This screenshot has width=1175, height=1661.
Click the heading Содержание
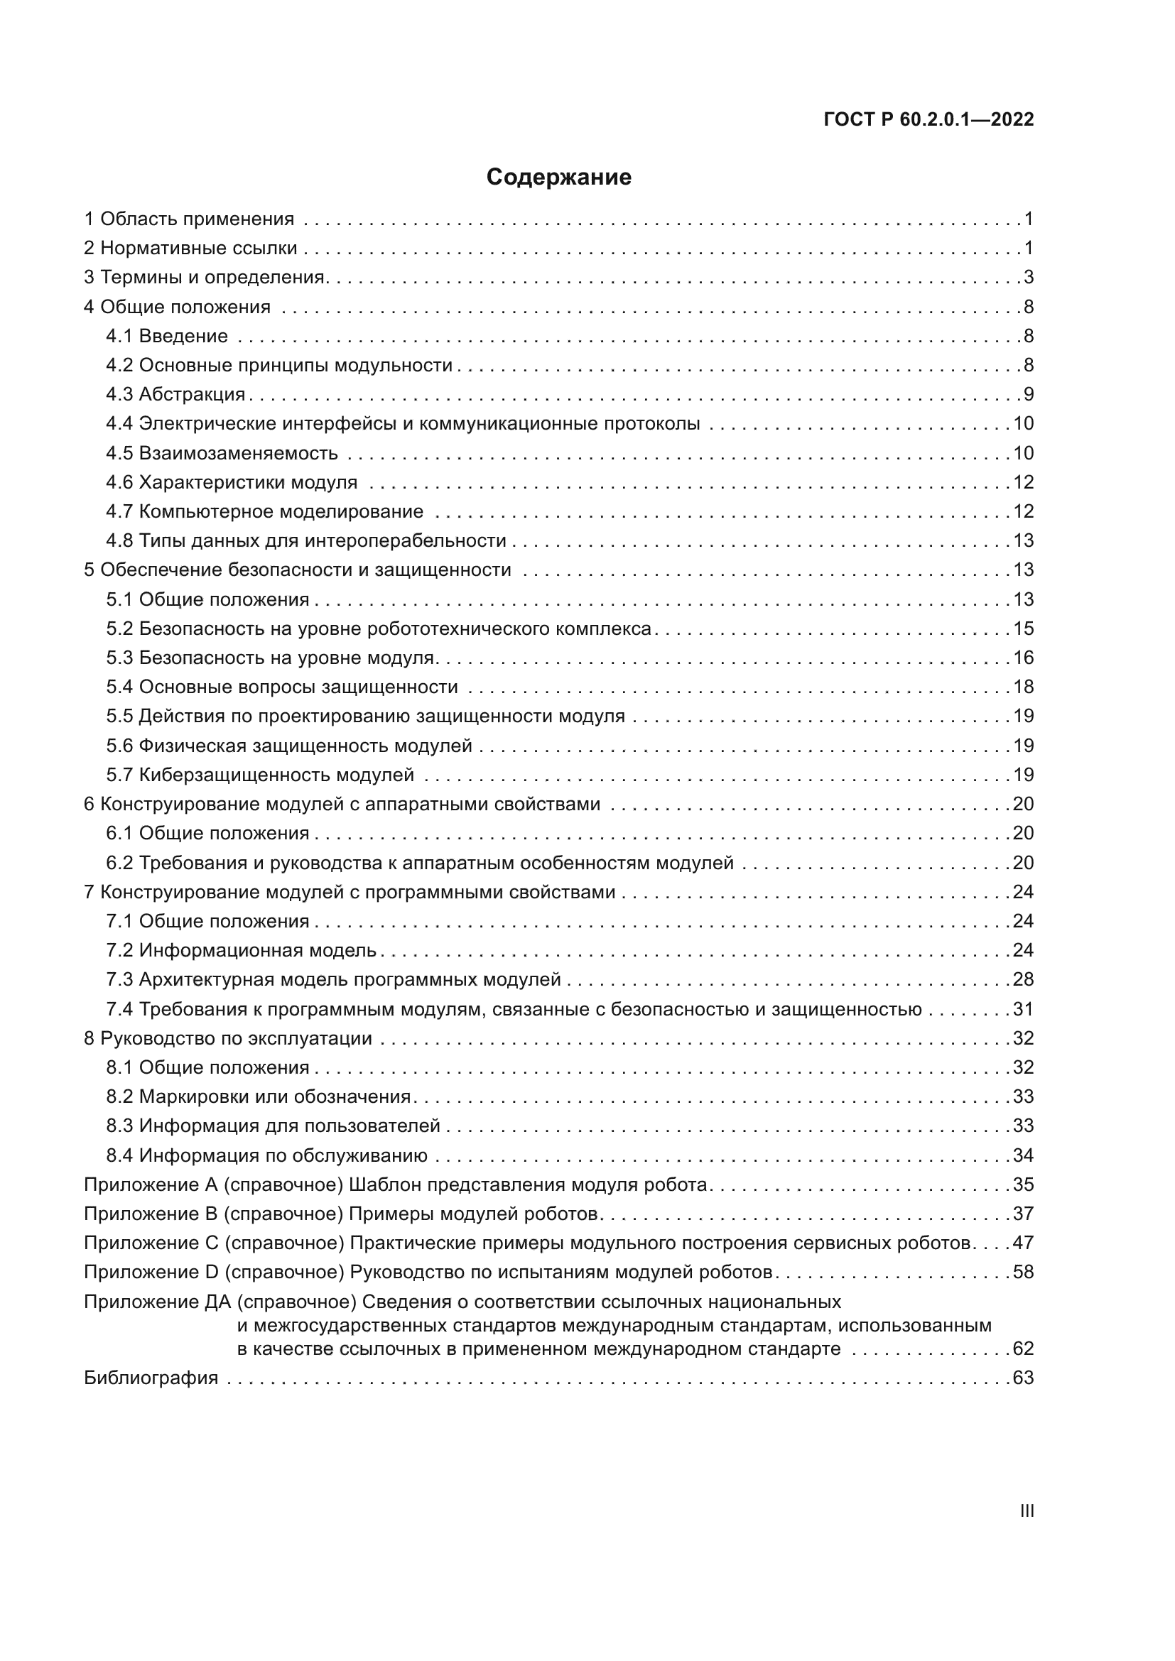558,178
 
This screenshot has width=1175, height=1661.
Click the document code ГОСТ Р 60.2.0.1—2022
928,119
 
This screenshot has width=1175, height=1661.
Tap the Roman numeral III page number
1026,1510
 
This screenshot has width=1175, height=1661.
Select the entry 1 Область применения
189,219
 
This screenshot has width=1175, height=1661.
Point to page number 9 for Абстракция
1028,394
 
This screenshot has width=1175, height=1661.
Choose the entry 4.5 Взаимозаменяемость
222,454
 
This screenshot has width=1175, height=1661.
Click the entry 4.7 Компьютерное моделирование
265,512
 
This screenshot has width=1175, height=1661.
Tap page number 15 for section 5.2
1023,628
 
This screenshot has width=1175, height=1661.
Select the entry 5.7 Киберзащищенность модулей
261,775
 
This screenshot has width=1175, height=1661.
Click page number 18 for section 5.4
1023,687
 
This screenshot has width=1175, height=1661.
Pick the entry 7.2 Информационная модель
242,951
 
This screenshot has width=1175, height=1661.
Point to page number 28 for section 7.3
1023,979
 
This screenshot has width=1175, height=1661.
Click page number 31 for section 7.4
1023,1009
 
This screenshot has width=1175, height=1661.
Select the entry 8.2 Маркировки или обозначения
259,1096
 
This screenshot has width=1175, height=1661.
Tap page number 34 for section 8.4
1023,1155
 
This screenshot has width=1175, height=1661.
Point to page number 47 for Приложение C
1023,1243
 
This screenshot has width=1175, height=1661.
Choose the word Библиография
151,1378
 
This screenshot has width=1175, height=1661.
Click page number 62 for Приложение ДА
1023,1349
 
